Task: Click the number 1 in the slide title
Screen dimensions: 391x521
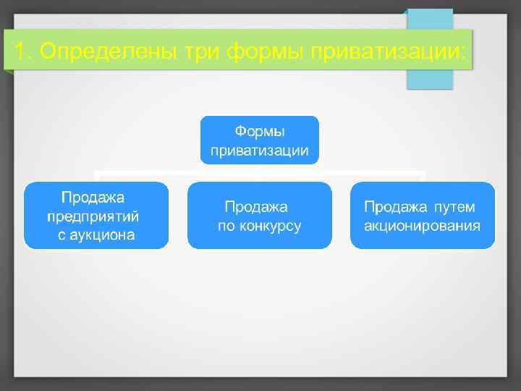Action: (20, 51)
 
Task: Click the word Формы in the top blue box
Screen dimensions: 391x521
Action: (259, 132)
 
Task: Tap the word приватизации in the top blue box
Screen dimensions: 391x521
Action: (259, 151)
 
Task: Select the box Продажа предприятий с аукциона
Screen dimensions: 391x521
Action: (96, 215)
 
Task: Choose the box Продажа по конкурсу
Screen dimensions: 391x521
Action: (259, 215)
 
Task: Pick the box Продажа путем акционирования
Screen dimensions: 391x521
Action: (423, 215)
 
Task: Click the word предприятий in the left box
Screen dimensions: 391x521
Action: (93, 216)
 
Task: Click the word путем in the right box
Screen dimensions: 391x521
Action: (454, 206)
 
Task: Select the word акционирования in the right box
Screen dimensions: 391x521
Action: (423, 225)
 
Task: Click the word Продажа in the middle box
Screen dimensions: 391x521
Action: (256, 206)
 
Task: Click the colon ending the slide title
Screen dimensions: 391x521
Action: (464, 52)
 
